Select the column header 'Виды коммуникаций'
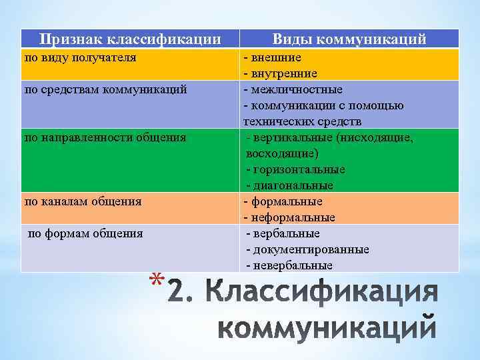click(349, 39)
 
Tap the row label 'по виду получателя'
click(80, 57)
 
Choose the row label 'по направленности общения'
click(105, 137)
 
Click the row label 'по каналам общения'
click(83, 201)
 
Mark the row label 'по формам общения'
click(85, 233)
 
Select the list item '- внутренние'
click(280, 73)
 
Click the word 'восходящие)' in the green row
click(277, 153)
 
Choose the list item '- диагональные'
click(289, 185)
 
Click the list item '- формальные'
click(283, 201)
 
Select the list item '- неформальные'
click(289, 217)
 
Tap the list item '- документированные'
click(307, 249)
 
